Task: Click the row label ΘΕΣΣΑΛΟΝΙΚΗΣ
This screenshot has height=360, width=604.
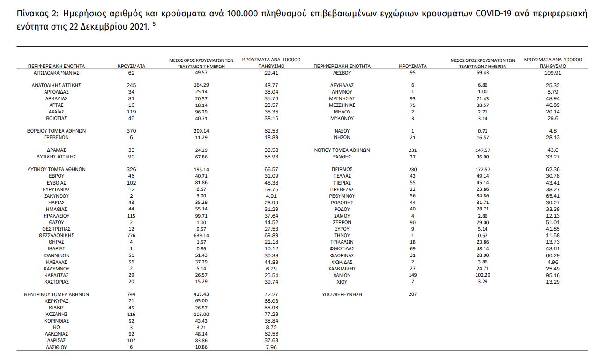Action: (56, 235)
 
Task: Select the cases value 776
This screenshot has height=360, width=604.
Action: (131, 235)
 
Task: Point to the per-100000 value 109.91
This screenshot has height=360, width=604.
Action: (552, 73)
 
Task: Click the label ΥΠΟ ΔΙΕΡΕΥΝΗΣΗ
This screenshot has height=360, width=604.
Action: (342, 294)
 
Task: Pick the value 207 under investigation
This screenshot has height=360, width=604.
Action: (412, 294)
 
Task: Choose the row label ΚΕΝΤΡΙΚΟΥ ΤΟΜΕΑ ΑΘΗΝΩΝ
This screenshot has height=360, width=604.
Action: (56, 294)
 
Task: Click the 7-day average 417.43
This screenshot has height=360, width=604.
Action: (201, 294)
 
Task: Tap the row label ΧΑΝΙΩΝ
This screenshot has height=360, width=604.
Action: (342, 275)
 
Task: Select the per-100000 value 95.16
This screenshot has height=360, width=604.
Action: (552, 275)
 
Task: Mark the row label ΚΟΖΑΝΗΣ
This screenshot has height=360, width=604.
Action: (57, 314)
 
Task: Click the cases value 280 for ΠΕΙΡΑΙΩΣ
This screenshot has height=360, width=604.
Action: (412, 169)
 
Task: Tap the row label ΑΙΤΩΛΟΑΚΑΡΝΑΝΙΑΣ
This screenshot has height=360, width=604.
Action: (56, 73)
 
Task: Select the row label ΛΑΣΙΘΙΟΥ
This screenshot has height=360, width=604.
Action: (57, 347)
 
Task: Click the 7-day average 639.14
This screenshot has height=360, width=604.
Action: (201, 235)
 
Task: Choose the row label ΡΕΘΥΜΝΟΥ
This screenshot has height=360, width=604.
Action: (342, 196)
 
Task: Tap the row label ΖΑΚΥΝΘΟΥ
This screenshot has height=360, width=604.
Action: (56, 196)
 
